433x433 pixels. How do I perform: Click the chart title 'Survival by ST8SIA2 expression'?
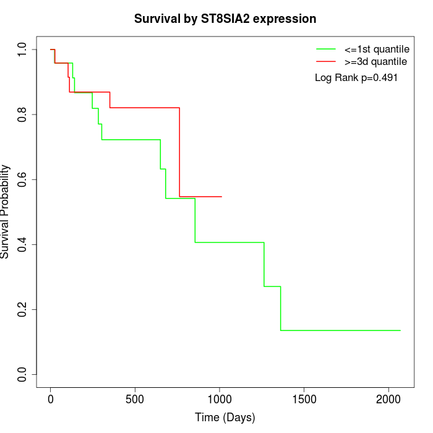225,19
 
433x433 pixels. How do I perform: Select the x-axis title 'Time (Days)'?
225,418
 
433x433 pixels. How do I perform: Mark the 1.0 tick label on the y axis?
23,49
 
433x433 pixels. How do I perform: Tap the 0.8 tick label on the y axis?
23,114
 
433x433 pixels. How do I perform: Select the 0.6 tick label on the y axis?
23,179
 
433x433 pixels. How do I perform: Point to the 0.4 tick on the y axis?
23,244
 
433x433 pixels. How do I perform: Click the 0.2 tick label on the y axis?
23,309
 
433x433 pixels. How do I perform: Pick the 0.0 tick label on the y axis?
23,374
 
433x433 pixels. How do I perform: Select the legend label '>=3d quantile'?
375,61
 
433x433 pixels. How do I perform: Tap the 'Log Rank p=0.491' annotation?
356,77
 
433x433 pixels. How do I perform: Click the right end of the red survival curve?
222,197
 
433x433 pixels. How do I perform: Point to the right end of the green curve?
400,330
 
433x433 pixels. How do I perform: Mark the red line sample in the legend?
325,61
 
